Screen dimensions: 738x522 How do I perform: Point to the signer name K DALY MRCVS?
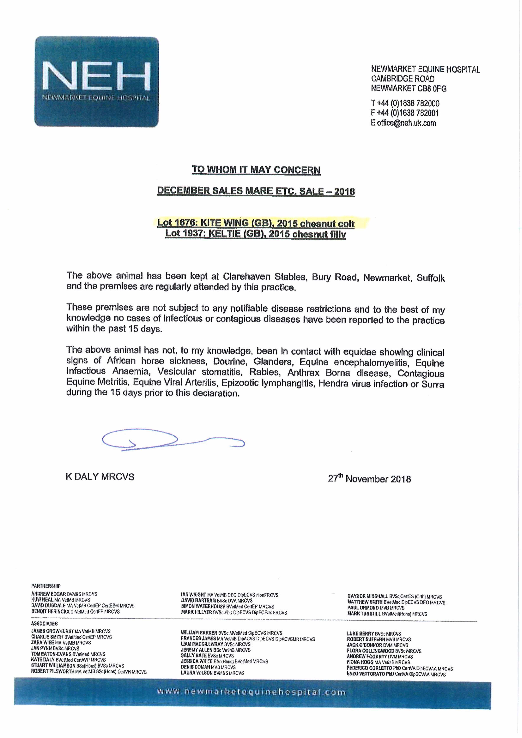pos(100,477)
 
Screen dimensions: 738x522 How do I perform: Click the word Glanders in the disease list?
pos(273,362)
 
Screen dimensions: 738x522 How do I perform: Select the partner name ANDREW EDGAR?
pos(49,594)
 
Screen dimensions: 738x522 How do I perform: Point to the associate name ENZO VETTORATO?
pos(366,674)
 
